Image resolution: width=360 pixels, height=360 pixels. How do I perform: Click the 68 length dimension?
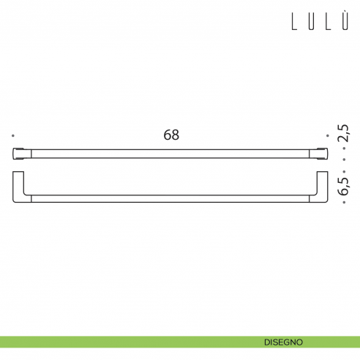point(171,135)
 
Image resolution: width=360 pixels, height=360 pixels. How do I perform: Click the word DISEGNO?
point(284,342)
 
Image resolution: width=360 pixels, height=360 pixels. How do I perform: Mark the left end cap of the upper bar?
point(20,154)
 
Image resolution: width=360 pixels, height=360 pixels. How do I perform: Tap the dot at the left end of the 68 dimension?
point(13,136)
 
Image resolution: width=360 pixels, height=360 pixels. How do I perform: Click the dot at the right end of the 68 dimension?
point(329,136)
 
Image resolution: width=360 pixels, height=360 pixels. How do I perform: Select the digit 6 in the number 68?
point(167,135)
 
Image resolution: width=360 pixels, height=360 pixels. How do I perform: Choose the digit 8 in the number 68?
point(176,135)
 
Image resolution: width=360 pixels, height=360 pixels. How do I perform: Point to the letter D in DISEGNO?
point(267,342)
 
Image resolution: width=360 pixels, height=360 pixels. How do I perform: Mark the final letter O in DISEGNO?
point(301,342)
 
